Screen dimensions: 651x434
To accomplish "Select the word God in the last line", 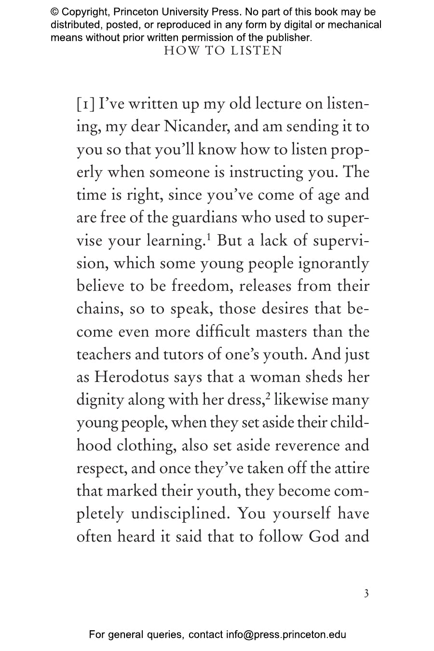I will pos(324,536).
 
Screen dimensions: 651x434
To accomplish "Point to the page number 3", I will pos(366,594).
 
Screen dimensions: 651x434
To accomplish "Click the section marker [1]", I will pos(85,104).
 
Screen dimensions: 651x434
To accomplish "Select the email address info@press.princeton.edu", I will pos(286,635).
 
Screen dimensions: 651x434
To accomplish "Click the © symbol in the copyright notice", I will pos(55,12).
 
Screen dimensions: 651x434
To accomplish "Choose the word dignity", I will pos(100,400).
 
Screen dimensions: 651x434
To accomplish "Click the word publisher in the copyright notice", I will pos(288,37).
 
